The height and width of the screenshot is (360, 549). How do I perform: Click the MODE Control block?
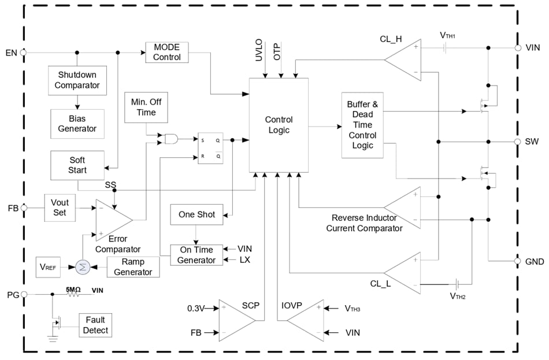point(167,52)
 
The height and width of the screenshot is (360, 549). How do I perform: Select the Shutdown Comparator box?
point(77,80)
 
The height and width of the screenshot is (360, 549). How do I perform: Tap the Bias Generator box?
point(77,124)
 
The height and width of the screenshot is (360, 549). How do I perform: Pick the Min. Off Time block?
point(146,107)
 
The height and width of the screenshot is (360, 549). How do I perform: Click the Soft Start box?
point(77,165)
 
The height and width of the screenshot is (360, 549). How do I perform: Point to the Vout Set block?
point(60,207)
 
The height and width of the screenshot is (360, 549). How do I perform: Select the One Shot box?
point(196,214)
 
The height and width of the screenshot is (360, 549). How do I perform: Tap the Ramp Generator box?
point(133,266)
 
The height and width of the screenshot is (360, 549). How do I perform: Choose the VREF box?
point(49,267)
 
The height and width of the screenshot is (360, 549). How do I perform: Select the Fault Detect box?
point(95,325)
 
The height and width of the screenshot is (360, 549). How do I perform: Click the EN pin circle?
point(24,52)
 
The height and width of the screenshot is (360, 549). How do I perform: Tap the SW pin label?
point(532,142)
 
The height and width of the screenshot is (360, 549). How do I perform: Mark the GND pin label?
point(535,261)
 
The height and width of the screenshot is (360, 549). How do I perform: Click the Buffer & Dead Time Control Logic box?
point(362,125)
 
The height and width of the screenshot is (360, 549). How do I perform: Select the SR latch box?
point(210,148)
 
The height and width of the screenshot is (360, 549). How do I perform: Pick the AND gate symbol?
point(171,139)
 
